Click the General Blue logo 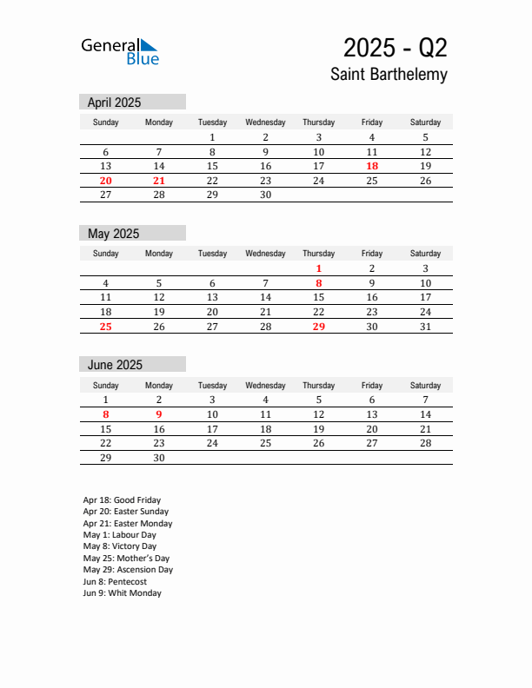click(x=120, y=51)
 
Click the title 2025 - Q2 click(x=395, y=47)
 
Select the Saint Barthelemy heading click(x=389, y=75)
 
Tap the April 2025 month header click(x=114, y=103)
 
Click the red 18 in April click(x=372, y=166)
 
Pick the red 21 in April click(x=159, y=181)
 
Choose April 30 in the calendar click(x=265, y=195)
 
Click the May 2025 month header click(x=113, y=234)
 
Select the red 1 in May click(x=319, y=268)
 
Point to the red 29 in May click(x=319, y=327)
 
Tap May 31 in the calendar click(x=425, y=327)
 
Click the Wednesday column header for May click(x=265, y=254)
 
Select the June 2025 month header click(x=115, y=365)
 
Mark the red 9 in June click(x=159, y=414)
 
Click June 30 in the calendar click(x=159, y=458)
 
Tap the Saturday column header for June click(x=425, y=385)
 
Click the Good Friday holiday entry click(x=122, y=500)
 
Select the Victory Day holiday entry click(x=120, y=546)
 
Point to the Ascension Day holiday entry click(x=128, y=570)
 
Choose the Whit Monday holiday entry click(x=122, y=593)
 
